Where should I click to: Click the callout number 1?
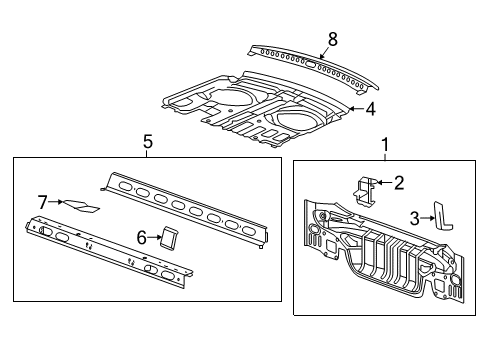coord(385,146)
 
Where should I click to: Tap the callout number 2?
coord(398,182)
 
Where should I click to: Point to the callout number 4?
coord(370,109)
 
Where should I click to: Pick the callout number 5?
coord(147,142)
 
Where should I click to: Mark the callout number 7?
coord(43,202)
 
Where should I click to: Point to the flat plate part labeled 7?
coord(80,205)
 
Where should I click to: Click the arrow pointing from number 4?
coord(356,110)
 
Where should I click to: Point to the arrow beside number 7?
coord(56,202)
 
